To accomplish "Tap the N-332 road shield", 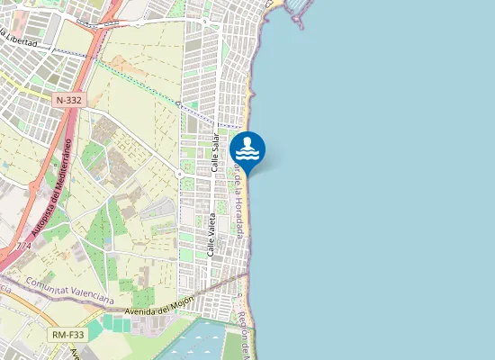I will click(x=68, y=101).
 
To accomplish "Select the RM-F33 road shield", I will click(x=67, y=335).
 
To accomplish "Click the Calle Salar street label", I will click(x=215, y=153).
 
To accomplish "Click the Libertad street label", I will click(x=22, y=40).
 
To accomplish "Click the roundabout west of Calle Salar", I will click(x=180, y=174).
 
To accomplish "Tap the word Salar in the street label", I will click(x=215, y=141).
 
